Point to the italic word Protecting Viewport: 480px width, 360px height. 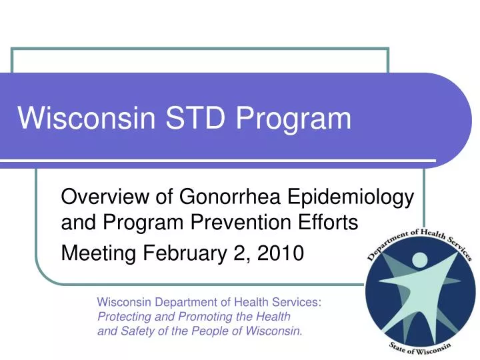[123, 317]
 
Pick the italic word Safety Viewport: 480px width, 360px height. [135, 331]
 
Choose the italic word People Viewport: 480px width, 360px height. [208, 331]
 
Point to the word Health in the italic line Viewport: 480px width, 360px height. [275, 317]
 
